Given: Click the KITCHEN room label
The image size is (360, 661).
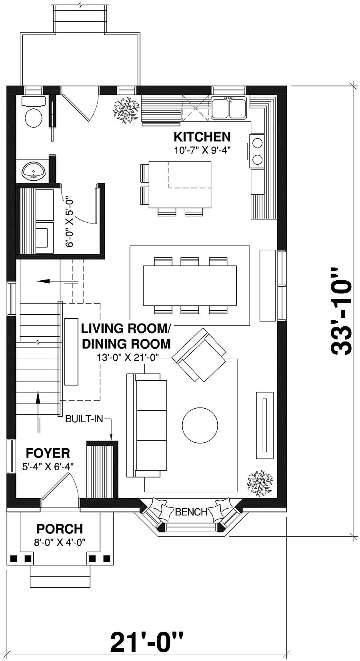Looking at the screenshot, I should (x=202, y=137).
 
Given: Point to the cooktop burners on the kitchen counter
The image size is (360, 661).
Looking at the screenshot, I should (x=257, y=151).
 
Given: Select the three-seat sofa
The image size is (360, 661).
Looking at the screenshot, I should (x=147, y=425).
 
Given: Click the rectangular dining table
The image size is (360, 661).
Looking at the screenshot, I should (x=190, y=286).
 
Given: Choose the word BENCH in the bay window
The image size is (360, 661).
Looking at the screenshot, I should (x=191, y=511).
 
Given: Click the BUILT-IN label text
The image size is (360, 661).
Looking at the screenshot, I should (x=84, y=419).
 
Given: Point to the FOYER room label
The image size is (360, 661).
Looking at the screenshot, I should (x=48, y=453).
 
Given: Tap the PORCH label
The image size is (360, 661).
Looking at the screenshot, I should (x=60, y=529).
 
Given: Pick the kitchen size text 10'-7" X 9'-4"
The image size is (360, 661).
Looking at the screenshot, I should (x=203, y=150).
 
